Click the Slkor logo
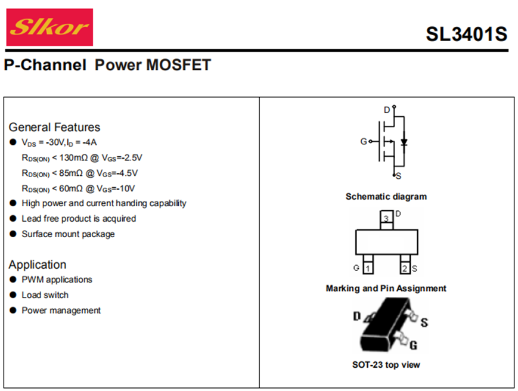point(49,27)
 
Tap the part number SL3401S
point(466,34)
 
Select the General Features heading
point(54,127)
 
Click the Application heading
point(38,265)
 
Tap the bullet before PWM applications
point(14,280)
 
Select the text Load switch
point(45,295)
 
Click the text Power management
point(61,311)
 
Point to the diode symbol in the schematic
point(404,142)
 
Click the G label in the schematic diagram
point(364,142)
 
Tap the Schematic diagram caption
point(386,197)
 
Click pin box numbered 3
point(386,219)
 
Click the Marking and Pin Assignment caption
point(386,288)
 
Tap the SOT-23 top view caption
point(386,364)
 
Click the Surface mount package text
point(68,234)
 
